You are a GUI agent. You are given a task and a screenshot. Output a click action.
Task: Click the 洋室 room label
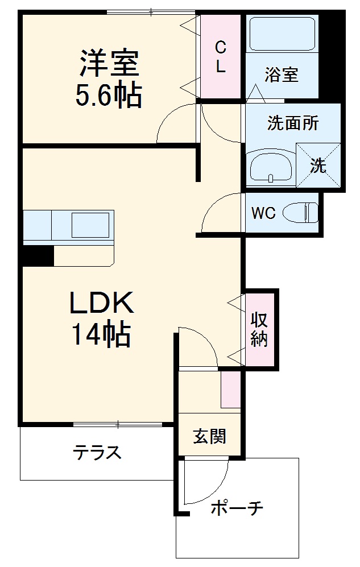tap(109, 64)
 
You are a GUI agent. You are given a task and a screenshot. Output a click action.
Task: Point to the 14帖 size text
tap(101, 336)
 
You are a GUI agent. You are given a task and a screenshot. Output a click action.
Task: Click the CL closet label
tap(221, 57)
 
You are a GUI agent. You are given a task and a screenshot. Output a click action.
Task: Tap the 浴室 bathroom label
tap(282, 75)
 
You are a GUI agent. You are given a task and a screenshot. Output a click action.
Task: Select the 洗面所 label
tap(293, 123)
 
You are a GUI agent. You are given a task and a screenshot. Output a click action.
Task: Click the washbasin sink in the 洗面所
tap(271, 166)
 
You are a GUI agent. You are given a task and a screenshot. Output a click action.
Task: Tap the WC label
tap(263, 213)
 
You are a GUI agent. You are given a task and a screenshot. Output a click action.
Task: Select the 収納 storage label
tap(259, 329)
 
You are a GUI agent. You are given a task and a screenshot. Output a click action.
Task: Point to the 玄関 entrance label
tap(209, 436)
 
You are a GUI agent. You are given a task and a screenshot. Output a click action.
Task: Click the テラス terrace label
tap(97, 453)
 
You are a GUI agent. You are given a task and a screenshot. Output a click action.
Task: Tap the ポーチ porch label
tap(237, 508)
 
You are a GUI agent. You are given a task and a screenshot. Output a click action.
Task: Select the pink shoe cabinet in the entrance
tap(230, 389)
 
